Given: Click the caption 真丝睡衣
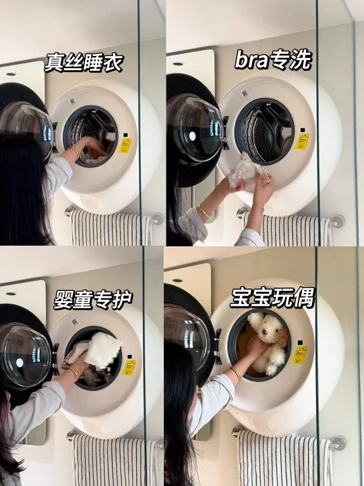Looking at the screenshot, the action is tap(84, 63).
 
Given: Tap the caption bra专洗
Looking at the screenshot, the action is tap(273, 60).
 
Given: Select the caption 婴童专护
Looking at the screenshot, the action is tap(93, 300).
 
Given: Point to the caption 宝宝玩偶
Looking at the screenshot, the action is tap(272, 298).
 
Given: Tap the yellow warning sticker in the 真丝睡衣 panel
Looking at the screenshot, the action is tap(125, 146).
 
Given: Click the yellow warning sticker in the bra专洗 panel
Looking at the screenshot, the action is tap(302, 142).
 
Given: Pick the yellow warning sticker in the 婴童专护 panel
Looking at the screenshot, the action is tap(129, 368).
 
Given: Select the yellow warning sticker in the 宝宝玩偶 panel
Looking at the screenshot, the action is tap(299, 355).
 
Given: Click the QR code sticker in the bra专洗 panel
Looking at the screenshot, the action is tap(245, 92).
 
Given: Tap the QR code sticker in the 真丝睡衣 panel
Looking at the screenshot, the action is tap(73, 101).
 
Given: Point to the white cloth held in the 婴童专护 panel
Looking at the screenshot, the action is tap(103, 350).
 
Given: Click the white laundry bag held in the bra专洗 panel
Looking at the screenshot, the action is tap(247, 173).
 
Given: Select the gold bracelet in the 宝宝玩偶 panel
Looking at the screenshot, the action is tap(236, 374).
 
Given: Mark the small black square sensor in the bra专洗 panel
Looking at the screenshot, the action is tap(299, 128).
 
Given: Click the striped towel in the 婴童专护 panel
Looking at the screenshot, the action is tap(114, 460).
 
